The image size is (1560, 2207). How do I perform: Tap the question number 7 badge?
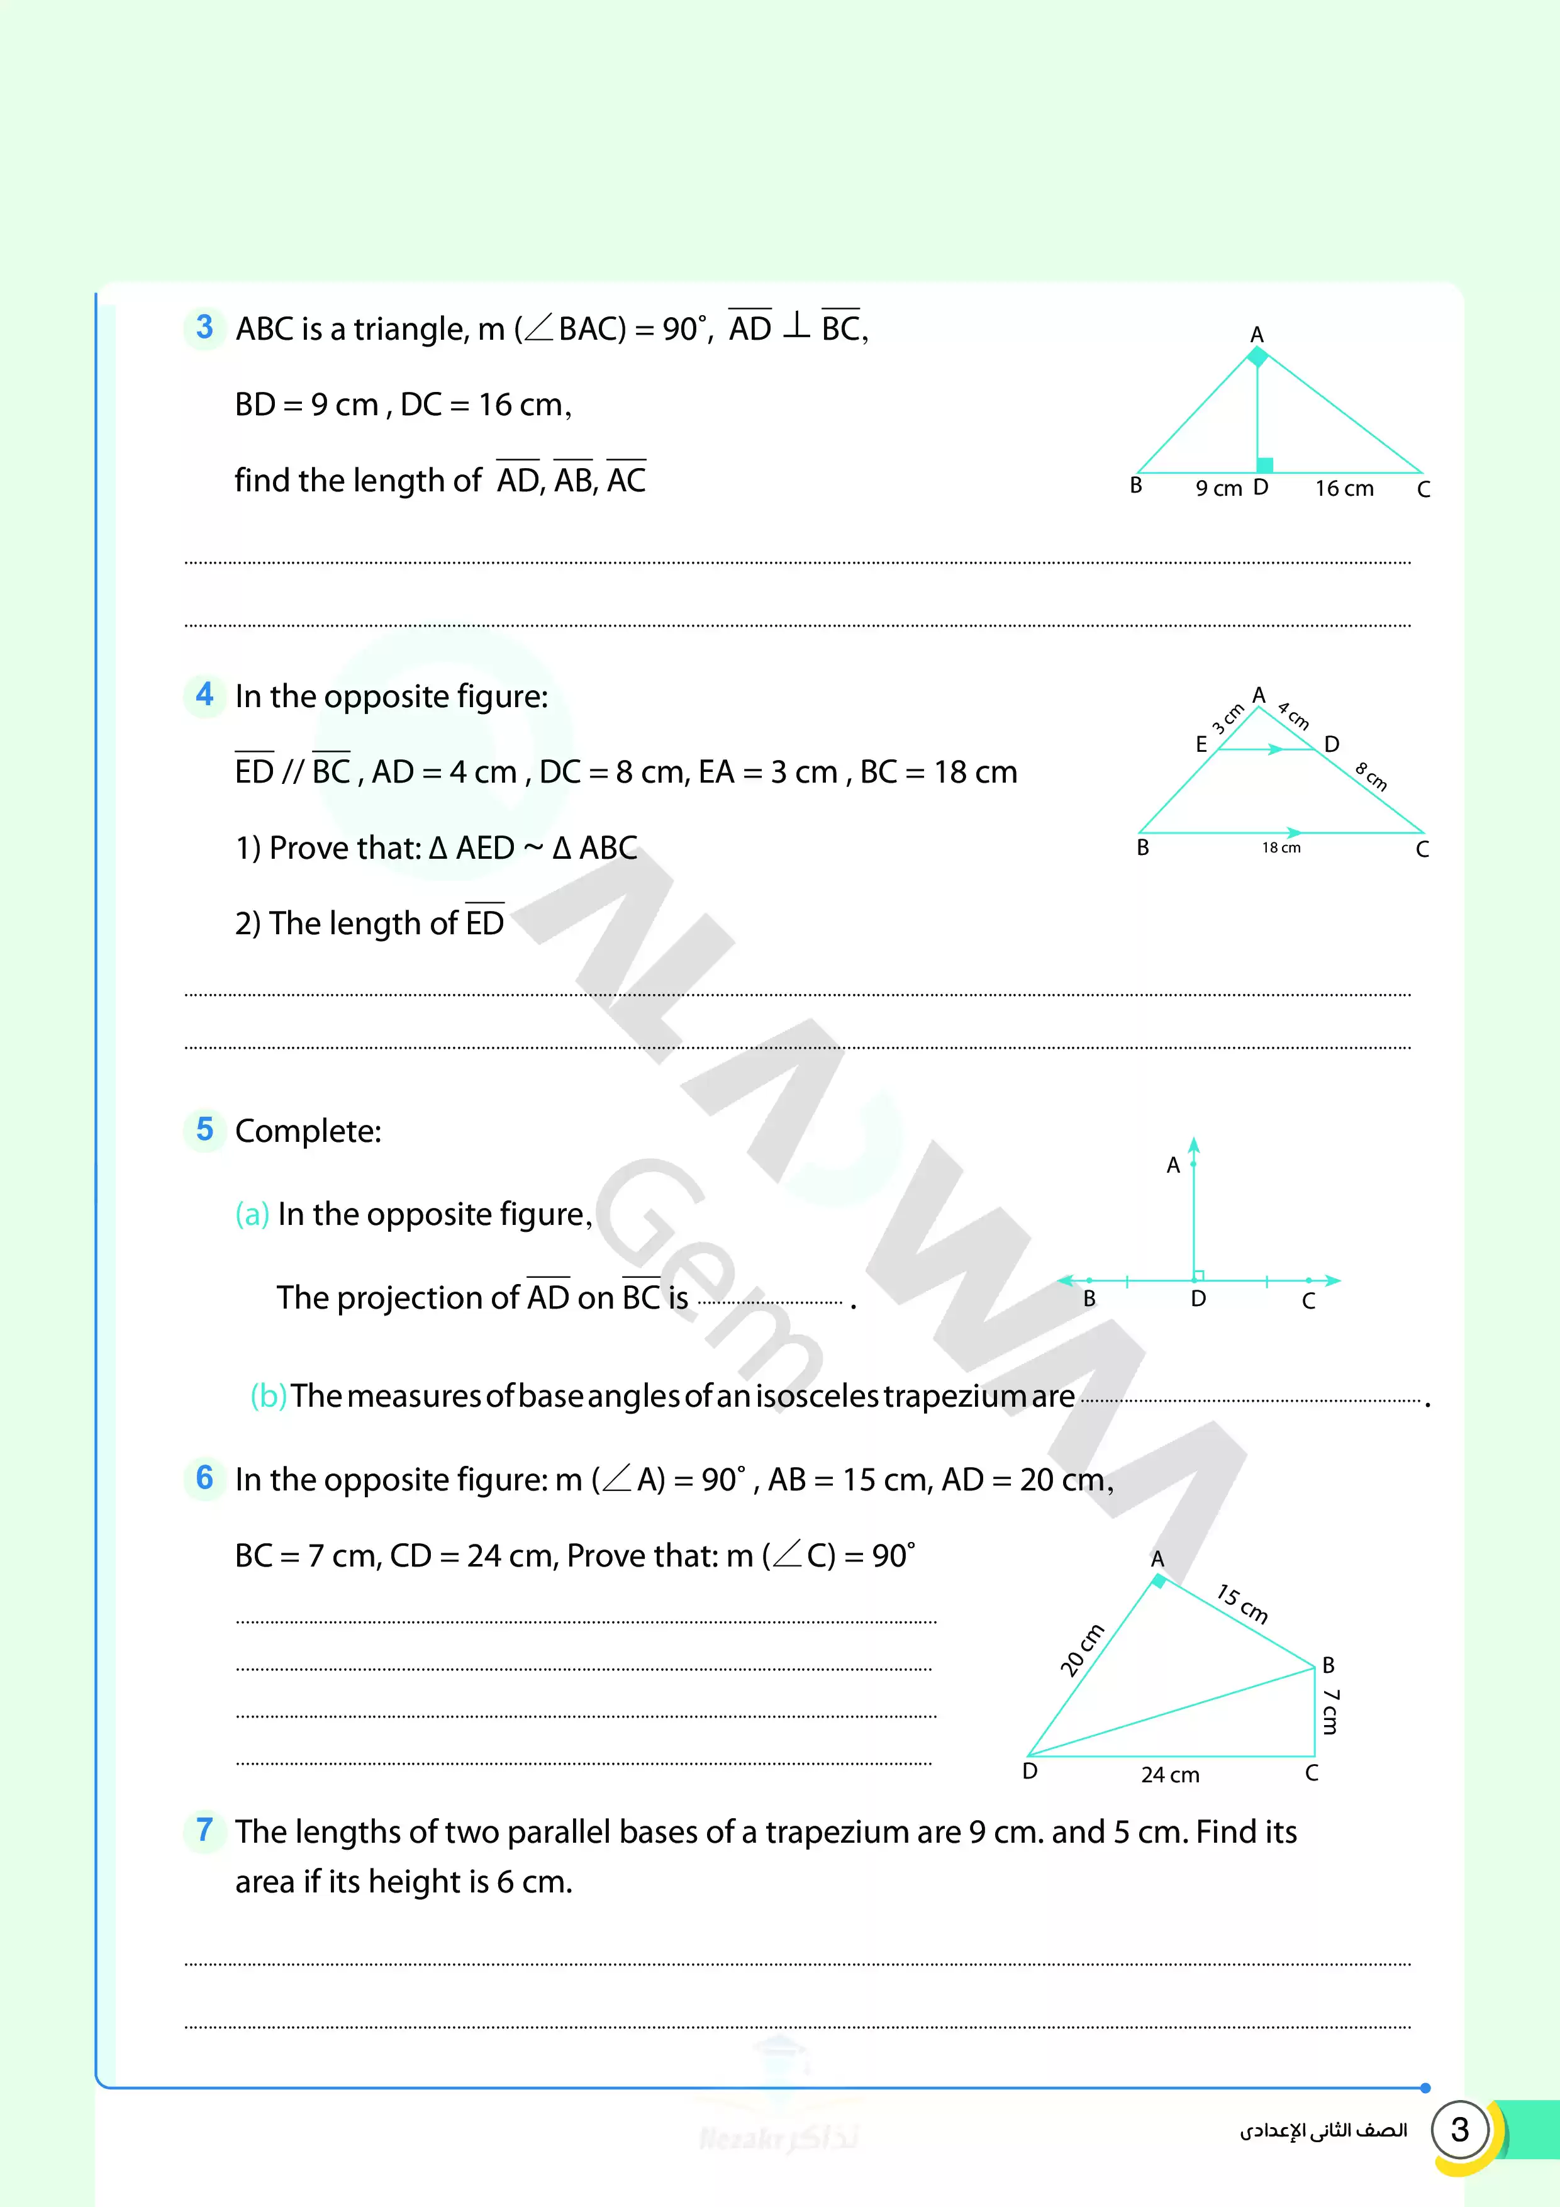click(204, 1830)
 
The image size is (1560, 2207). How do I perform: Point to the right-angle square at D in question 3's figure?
click(1265, 465)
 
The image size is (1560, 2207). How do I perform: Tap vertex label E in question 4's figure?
click(1201, 744)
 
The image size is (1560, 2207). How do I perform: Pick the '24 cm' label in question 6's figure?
click(1170, 1774)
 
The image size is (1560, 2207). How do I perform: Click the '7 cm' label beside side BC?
click(1330, 1712)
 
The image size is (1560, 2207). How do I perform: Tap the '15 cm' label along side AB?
click(1242, 1603)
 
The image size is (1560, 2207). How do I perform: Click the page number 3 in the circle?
click(1459, 2130)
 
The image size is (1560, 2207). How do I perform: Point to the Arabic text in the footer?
click(1323, 2131)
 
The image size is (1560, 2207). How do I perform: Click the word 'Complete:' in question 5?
click(308, 1131)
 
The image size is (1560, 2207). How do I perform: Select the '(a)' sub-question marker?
click(252, 1214)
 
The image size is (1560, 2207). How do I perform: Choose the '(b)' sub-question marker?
click(268, 1395)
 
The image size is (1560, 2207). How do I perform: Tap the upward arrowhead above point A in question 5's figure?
click(1194, 1145)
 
